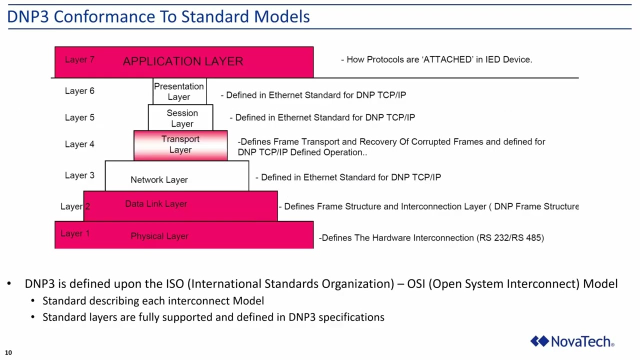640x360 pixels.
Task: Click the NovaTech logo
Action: [x=572, y=341]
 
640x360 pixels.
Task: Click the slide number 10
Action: [x=8, y=352]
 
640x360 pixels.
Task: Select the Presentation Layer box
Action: [x=179, y=91]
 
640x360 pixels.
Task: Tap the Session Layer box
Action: [x=181, y=118]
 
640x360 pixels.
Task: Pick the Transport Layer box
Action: [x=180, y=144]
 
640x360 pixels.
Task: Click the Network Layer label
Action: [x=159, y=179]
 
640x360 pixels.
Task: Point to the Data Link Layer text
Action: [x=156, y=204]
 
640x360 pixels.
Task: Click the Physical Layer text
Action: [x=159, y=236]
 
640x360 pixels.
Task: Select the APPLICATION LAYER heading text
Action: [x=183, y=61]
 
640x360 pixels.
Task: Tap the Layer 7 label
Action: [x=79, y=59]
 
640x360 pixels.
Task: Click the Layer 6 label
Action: [x=79, y=91]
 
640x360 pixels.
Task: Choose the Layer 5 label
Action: [x=79, y=117]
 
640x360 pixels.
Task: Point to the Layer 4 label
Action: [x=79, y=144]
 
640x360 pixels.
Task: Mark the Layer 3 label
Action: [x=79, y=175]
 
